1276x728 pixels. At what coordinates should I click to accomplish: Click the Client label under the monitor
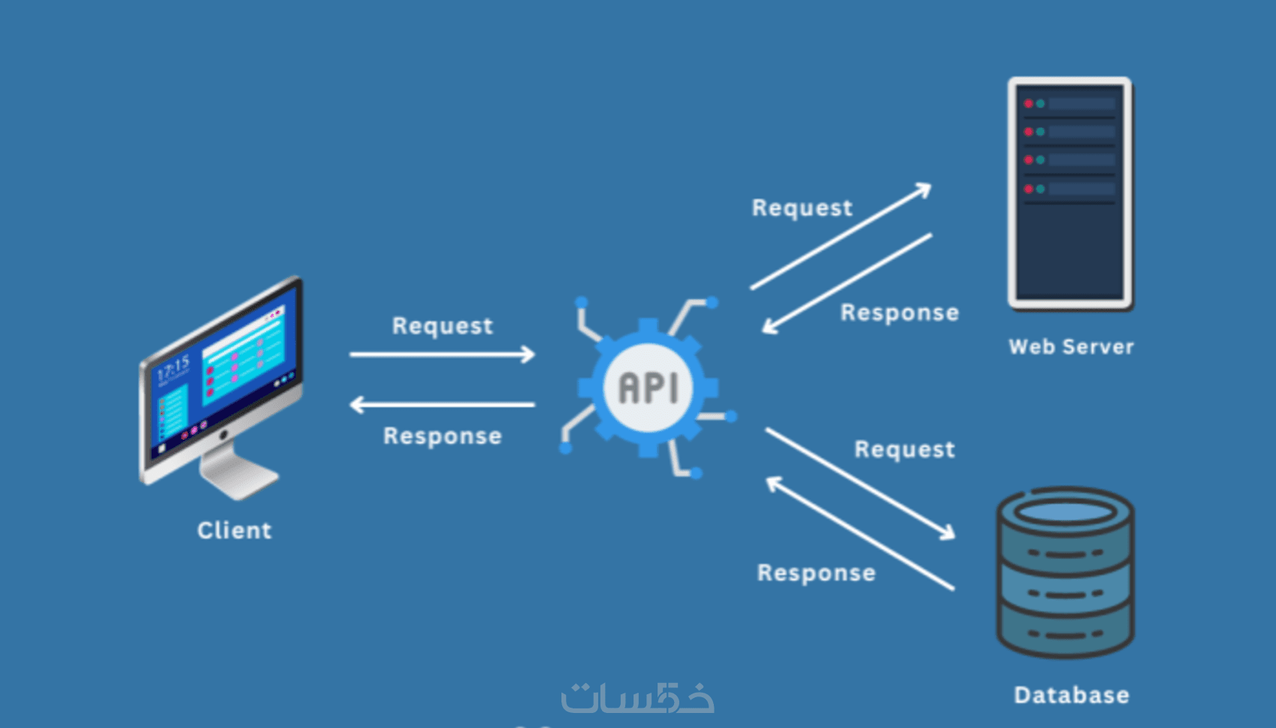pyautogui.click(x=234, y=530)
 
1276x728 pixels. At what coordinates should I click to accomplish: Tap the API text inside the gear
pyautogui.click(x=649, y=388)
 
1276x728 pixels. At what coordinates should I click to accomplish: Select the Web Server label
pyautogui.click(x=1071, y=347)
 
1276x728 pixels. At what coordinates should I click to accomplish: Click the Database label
pyautogui.click(x=1071, y=695)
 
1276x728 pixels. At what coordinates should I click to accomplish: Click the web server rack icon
pyautogui.click(x=1070, y=193)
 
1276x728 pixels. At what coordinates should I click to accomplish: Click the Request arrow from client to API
pyautogui.click(x=442, y=354)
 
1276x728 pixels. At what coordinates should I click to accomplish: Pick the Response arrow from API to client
pyautogui.click(x=442, y=405)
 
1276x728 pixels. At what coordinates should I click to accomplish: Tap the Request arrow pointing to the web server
pyautogui.click(x=841, y=236)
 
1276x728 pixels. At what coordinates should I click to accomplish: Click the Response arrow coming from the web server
pyautogui.click(x=847, y=284)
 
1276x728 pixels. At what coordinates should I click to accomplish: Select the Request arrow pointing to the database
pyautogui.click(x=860, y=483)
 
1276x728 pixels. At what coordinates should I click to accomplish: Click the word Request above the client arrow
pyautogui.click(x=442, y=326)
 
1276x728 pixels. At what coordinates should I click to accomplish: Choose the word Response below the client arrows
pyautogui.click(x=442, y=436)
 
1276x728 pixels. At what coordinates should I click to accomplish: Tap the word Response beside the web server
pyautogui.click(x=899, y=312)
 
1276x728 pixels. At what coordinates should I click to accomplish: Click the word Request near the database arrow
pyautogui.click(x=904, y=450)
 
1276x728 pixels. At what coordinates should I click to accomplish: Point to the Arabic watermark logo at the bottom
pyautogui.click(x=637, y=697)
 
